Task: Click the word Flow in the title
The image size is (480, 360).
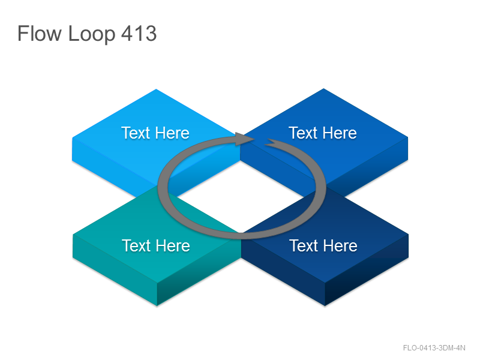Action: [40, 33]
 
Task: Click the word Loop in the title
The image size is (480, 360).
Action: [92, 35]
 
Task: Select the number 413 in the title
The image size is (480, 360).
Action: [139, 33]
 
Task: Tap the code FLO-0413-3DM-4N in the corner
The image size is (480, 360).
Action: [434, 348]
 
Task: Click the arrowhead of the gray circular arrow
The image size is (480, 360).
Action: [245, 139]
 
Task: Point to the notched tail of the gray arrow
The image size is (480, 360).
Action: [272, 142]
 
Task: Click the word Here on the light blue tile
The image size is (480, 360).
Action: [172, 133]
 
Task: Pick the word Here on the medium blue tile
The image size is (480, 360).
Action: [340, 133]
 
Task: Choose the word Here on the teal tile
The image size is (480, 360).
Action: [173, 245]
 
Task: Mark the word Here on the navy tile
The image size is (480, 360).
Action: [340, 245]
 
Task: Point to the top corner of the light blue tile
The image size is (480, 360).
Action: [156, 89]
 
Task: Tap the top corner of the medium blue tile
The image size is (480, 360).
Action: [323, 89]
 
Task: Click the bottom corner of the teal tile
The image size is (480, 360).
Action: [157, 305]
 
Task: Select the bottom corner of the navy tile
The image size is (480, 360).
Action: [325, 305]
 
